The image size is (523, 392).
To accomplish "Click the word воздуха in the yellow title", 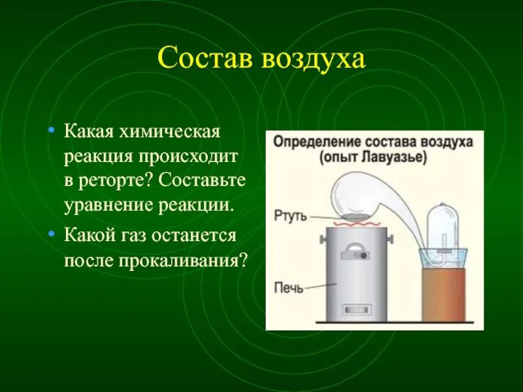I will pos(312,59).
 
